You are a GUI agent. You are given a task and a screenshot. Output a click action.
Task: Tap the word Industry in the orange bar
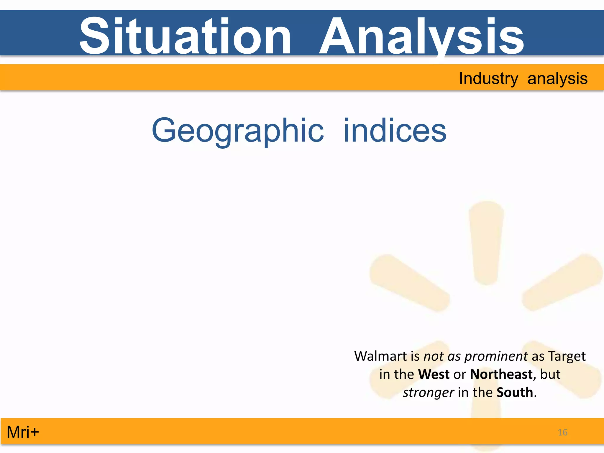tap(488, 78)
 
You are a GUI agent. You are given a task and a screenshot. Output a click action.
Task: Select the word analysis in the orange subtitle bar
tap(557, 78)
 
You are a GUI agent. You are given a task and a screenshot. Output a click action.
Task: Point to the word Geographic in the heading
tap(238, 130)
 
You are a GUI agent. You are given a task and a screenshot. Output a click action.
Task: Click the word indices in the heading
tap(395, 130)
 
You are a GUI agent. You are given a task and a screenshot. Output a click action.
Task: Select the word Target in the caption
tap(567, 356)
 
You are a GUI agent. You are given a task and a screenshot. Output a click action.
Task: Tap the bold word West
tap(434, 374)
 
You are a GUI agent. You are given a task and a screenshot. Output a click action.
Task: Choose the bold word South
tap(515, 393)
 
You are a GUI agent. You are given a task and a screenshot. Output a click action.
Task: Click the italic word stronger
tap(428, 393)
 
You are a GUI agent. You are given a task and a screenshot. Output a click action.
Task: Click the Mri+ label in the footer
tap(23, 432)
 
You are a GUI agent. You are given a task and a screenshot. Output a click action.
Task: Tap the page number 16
tap(562, 432)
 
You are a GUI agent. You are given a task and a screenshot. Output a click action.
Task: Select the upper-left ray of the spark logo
tap(408, 282)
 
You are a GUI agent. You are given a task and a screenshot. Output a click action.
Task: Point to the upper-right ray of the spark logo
tap(562, 282)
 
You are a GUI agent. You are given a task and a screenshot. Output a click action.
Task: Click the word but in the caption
tap(550, 374)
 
